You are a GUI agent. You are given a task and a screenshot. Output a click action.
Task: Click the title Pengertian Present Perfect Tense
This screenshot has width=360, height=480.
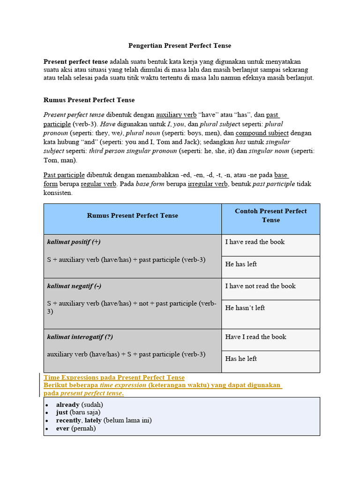pos(180,46)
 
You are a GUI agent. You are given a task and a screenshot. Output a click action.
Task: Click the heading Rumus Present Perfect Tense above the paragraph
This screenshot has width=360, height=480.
pos(89,100)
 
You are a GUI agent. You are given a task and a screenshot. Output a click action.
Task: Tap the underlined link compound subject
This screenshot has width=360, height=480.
pos(255,133)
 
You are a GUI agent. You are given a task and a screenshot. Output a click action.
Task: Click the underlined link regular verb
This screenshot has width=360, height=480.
pos(98,184)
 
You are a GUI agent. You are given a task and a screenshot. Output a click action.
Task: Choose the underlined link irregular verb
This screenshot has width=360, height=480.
pos(208,184)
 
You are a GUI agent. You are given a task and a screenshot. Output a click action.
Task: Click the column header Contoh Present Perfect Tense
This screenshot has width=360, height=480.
pos(270,216)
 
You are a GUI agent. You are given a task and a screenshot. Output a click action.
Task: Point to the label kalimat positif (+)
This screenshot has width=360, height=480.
pos(74,242)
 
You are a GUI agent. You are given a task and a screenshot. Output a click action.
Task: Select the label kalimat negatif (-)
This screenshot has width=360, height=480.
pos(74,286)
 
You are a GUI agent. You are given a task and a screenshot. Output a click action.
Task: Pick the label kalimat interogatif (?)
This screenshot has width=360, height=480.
pos(80,337)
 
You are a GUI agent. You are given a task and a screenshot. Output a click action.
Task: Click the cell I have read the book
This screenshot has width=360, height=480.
pos(255,242)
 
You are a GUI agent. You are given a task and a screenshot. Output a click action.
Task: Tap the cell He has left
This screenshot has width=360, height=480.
pos(241,264)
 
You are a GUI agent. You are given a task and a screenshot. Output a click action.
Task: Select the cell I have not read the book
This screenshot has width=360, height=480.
pos(260,286)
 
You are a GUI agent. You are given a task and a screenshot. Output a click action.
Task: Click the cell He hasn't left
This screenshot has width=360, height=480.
pos(245,308)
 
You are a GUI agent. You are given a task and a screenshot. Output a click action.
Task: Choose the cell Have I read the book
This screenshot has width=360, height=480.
pos(255,337)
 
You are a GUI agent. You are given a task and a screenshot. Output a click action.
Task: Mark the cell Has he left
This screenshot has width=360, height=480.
pos(241,359)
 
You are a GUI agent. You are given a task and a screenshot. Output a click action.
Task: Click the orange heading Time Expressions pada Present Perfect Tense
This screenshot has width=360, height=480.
pos(114,377)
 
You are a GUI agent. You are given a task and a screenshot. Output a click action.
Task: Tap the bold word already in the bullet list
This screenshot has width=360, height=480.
pos(68,405)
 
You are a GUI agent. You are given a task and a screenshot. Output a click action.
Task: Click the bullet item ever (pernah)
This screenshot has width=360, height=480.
pos(76,428)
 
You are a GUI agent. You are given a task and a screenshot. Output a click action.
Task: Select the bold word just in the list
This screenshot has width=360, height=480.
pos(62,412)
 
